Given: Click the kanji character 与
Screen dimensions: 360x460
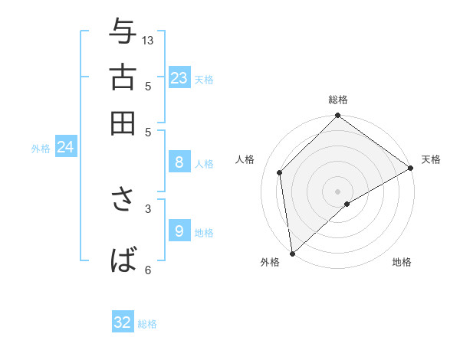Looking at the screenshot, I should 123,31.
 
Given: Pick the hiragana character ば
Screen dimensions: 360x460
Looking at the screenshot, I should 123,260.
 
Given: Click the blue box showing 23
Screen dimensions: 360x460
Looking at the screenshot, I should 179,77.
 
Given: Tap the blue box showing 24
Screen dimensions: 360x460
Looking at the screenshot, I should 65,148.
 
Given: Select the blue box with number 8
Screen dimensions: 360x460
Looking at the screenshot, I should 179,162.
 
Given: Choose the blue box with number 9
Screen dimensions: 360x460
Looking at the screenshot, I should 179,231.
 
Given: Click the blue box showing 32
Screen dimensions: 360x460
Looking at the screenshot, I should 123,322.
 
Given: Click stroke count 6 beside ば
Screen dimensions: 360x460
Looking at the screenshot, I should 148,269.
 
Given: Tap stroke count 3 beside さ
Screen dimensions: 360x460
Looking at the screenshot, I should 148,208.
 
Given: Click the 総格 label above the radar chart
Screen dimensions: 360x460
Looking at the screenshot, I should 338,100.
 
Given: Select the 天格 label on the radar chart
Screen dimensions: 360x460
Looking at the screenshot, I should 431,159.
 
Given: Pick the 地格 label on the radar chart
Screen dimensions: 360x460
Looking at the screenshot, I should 402,262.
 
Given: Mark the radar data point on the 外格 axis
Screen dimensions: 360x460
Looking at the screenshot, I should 292,254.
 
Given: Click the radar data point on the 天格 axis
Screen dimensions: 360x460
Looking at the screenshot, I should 411,168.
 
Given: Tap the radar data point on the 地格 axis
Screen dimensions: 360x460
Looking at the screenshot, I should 347,204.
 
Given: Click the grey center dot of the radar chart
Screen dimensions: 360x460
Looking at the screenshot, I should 338,191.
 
